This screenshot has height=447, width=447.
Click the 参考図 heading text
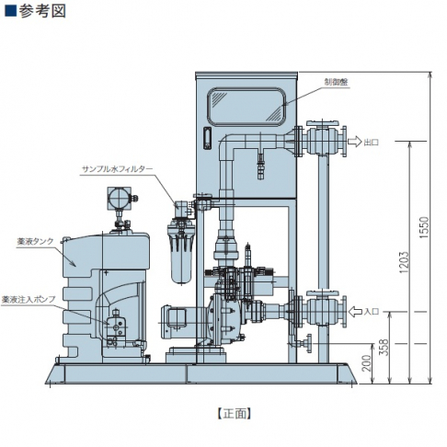coord(42,11)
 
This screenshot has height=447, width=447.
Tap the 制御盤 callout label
coord(337,82)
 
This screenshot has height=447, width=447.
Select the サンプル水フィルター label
coord(117,169)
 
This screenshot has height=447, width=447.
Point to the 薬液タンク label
coord(35,242)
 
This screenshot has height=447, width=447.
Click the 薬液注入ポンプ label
coord(29,300)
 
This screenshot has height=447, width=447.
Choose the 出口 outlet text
coord(372,142)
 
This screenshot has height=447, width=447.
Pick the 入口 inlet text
coord(372,312)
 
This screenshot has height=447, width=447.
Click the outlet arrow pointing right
coord(355,142)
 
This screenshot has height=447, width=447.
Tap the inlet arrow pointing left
coord(355,312)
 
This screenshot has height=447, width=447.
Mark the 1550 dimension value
coord(424,228)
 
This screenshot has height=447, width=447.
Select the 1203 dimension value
coord(404,262)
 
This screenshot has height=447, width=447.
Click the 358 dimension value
coord(384,347)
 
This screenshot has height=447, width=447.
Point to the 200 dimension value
coord(367,363)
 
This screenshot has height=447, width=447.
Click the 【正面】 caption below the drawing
coord(235,414)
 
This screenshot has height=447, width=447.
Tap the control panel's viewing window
coord(246,107)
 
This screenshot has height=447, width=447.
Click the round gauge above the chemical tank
coord(119,199)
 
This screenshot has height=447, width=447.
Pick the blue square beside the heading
coord(11,11)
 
